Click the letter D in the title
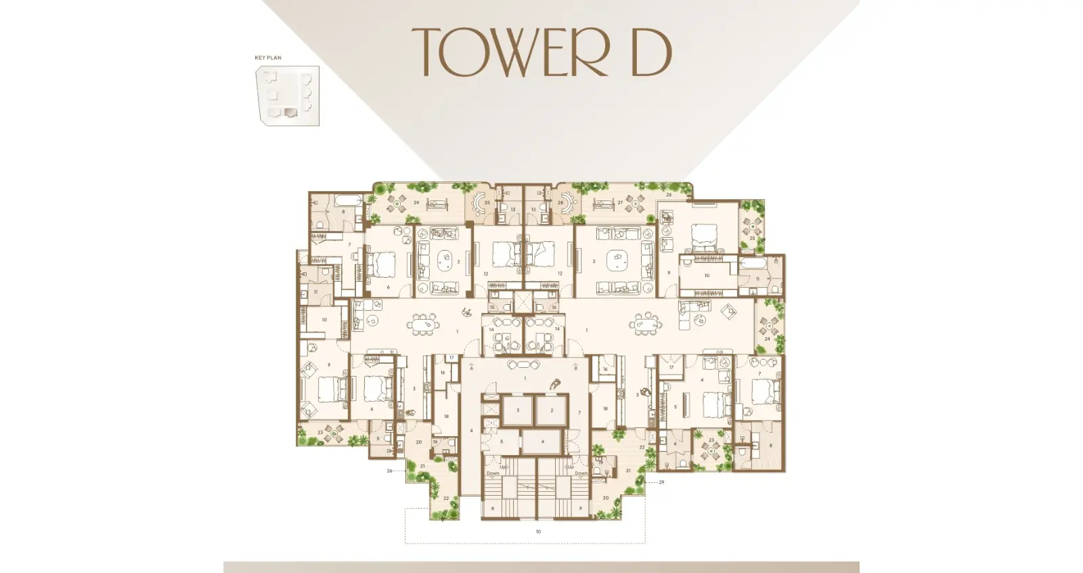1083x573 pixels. (x=650, y=52)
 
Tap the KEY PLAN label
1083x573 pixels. (x=268, y=58)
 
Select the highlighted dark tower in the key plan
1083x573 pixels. (x=290, y=113)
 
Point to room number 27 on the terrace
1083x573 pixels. (x=620, y=203)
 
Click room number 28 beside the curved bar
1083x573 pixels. (x=560, y=203)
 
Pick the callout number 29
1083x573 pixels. (x=661, y=482)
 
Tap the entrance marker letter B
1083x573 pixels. (x=575, y=369)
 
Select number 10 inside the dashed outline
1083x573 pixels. (x=539, y=532)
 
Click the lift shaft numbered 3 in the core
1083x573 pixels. (x=518, y=410)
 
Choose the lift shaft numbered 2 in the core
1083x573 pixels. (x=552, y=410)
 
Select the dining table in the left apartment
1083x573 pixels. (x=424, y=325)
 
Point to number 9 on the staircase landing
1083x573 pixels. (x=580, y=508)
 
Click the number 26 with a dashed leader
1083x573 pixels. (x=390, y=471)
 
